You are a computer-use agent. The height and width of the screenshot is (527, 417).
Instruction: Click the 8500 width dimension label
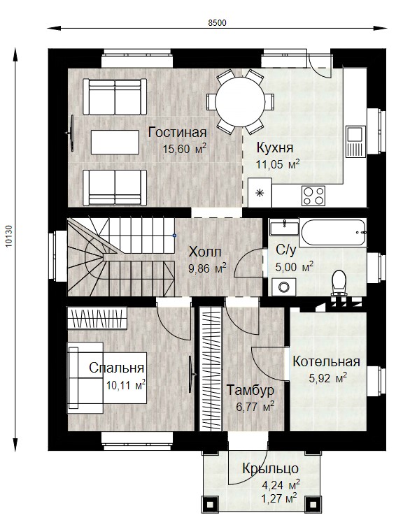(217, 23)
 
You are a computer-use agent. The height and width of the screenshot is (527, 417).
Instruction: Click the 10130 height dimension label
(9, 236)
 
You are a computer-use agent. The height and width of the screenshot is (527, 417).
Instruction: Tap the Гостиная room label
(178, 132)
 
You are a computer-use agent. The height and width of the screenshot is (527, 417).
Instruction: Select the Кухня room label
(275, 147)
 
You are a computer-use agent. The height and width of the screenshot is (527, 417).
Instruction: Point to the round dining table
(240, 101)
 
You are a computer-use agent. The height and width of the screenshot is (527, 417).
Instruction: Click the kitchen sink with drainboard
(355, 141)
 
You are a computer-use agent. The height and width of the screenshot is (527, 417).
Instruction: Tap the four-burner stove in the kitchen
(313, 196)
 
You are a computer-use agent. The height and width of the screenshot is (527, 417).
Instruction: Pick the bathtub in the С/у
(332, 232)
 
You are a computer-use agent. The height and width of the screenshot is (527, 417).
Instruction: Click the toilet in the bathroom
(339, 283)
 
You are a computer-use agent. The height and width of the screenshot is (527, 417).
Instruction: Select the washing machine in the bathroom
(284, 287)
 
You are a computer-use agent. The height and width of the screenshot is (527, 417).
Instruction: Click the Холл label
(205, 252)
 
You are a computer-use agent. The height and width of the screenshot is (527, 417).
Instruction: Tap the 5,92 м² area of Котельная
(328, 377)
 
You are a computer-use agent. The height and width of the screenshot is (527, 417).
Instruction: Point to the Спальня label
(116, 368)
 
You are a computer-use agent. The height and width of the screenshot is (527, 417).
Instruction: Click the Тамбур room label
(250, 390)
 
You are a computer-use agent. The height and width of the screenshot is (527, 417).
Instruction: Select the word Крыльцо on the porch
(270, 468)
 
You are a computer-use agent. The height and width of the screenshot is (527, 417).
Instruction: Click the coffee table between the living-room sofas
(115, 142)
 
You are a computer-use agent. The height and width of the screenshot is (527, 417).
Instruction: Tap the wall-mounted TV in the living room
(71, 133)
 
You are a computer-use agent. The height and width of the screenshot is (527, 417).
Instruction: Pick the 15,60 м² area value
(184, 149)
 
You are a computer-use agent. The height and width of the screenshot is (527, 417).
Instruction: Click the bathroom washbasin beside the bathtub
(284, 227)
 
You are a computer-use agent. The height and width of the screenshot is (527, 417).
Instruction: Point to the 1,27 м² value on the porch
(279, 498)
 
